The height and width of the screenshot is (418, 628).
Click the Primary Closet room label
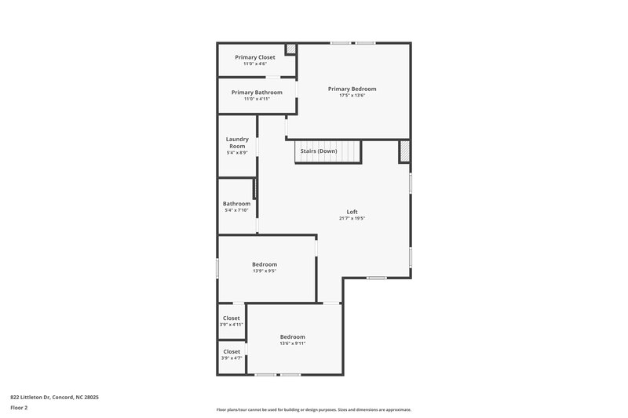coord(254,57)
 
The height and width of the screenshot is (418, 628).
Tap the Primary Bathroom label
coord(257,93)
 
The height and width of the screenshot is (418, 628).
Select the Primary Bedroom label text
coord(352,89)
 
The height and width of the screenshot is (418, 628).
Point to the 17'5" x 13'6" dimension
coord(352,96)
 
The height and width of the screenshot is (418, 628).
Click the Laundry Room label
coord(237,143)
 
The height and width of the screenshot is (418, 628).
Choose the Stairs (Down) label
coord(323,151)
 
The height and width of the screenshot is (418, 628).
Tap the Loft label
coord(352,212)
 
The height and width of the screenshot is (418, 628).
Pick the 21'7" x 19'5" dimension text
coord(352,219)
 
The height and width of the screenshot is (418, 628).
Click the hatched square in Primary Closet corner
coord(290,49)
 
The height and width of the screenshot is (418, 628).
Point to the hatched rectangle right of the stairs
coord(404,151)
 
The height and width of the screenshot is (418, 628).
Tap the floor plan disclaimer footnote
coord(313,409)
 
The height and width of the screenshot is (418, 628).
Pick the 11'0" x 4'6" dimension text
coord(254,64)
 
